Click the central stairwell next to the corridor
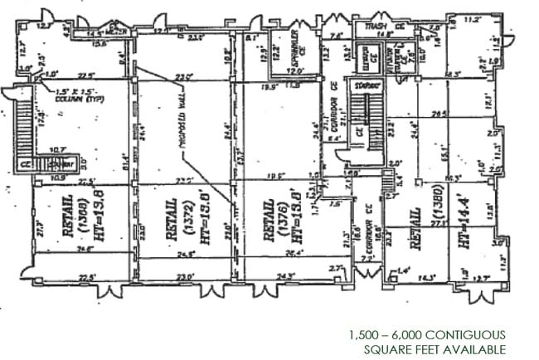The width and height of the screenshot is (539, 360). point(358,116)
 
